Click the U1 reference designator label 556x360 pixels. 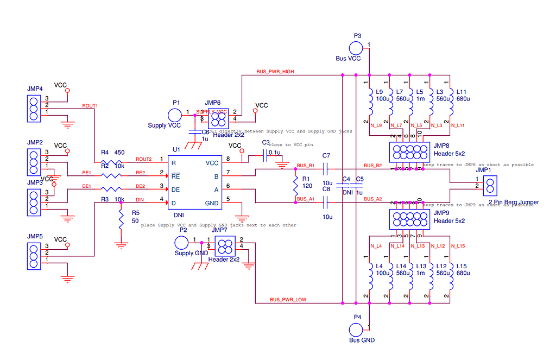176,149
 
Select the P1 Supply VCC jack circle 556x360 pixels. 175,115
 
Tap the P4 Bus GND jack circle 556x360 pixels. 356,330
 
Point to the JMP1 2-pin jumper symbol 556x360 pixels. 490,186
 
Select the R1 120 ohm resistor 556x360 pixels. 296,186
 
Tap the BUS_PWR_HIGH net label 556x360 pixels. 275,72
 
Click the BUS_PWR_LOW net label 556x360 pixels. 288,300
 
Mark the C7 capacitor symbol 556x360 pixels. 326,169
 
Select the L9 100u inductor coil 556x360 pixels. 370,103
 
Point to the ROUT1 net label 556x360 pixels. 90,105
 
